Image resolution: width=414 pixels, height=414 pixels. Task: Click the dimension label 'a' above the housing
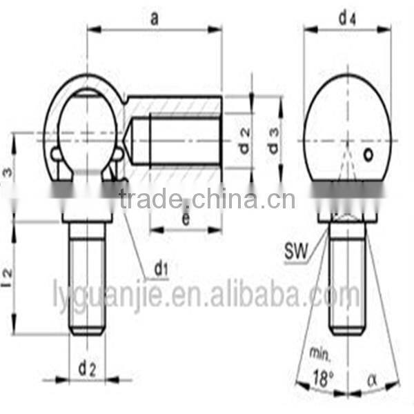pos(155,19)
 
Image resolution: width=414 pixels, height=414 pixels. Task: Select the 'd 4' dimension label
pos(346,19)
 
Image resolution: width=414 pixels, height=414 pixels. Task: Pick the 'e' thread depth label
pos(186,220)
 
